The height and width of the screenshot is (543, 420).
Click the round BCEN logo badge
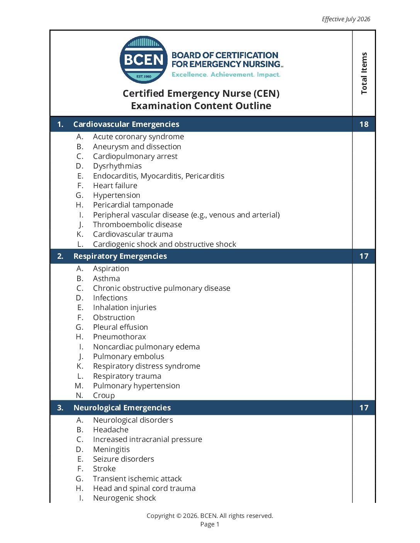[x=144, y=60]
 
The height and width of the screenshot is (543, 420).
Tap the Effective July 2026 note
[x=346, y=19]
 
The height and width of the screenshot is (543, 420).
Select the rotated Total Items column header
[x=364, y=73]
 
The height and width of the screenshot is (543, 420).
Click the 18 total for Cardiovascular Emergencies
[x=364, y=124]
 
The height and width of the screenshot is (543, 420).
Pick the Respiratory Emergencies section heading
[x=120, y=256]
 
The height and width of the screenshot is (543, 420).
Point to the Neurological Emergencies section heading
[x=122, y=408]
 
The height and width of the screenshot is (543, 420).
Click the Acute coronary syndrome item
[x=138, y=137]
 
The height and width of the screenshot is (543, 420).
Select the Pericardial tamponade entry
[x=133, y=205]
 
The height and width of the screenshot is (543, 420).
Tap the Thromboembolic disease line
[x=137, y=224]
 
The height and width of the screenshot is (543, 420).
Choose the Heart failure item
[x=115, y=185]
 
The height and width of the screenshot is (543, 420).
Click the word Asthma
[x=106, y=278]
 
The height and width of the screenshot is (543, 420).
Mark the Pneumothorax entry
[x=119, y=337]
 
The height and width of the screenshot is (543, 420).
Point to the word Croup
[x=104, y=395]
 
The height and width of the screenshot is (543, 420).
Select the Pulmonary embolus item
[x=129, y=356]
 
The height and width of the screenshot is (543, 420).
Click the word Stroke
[x=104, y=469]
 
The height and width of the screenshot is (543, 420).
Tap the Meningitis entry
[x=111, y=449]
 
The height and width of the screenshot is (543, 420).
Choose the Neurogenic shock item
[x=124, y=498]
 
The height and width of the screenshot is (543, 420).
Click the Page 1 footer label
[x=210, y=524]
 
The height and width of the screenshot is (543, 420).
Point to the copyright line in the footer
[x=210, y=516]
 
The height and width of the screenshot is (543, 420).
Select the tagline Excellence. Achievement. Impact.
[x=226, y=74]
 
